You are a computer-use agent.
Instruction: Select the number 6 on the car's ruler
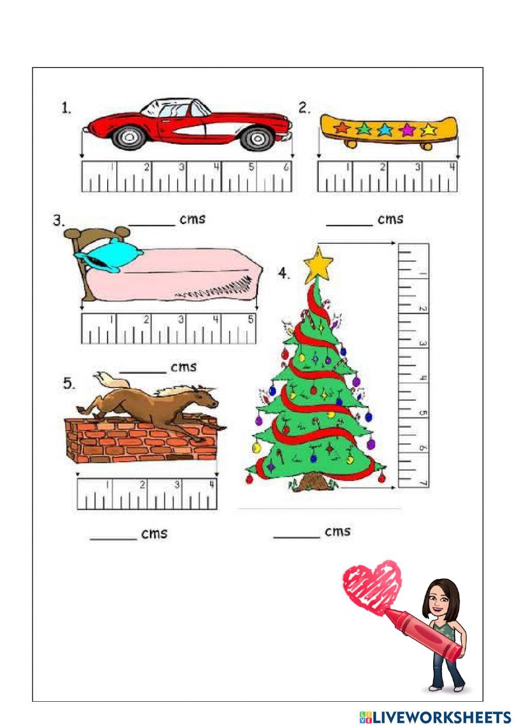[286, 167]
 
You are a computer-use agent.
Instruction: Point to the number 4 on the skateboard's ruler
[452, 167]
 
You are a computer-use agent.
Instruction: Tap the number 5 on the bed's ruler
[250, 319]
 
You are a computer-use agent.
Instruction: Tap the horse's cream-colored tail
[111, 380]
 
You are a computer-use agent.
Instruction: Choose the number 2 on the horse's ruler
[142, 484]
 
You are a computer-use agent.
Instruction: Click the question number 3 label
[59, 221]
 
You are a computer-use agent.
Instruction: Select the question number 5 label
[69, 383]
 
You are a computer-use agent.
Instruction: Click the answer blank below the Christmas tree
[297, 537]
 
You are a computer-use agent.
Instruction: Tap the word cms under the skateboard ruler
[390, 219]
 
